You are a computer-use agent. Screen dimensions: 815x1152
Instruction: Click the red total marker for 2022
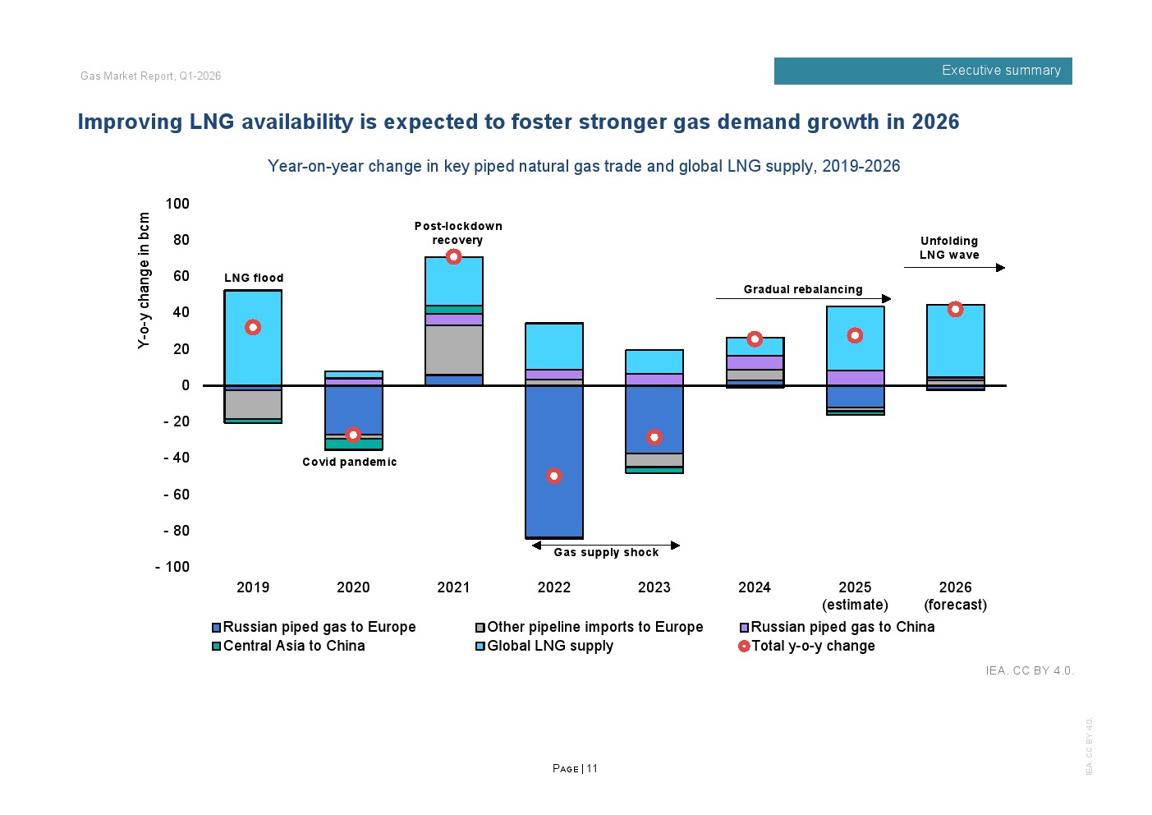point(554,476)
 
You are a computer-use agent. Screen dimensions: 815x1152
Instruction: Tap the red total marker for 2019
point(253,327)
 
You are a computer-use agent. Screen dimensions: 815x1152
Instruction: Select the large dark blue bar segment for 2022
point(554,461)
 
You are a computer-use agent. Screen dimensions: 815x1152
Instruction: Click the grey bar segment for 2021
point(453,350)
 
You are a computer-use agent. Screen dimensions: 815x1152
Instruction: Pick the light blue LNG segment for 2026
point(955,341)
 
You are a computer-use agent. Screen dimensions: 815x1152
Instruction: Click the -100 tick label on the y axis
point(172,567)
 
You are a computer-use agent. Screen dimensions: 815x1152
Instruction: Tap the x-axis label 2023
point(654,587)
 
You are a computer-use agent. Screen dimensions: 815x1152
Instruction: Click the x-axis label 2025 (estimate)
point(855,596)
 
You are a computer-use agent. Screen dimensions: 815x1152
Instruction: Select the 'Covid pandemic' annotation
point(349,462)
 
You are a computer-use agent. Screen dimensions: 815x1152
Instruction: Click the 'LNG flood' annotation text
point(254,278)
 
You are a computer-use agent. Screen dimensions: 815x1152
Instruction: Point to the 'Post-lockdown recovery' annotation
point(457,233)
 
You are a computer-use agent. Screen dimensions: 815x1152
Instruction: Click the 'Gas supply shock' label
point(606,552)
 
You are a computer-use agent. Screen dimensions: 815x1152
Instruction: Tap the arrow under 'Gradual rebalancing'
point(803,298)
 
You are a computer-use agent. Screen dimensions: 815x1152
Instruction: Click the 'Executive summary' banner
point(922,71)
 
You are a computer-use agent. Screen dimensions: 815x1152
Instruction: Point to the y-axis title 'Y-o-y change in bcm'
point(145,280)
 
